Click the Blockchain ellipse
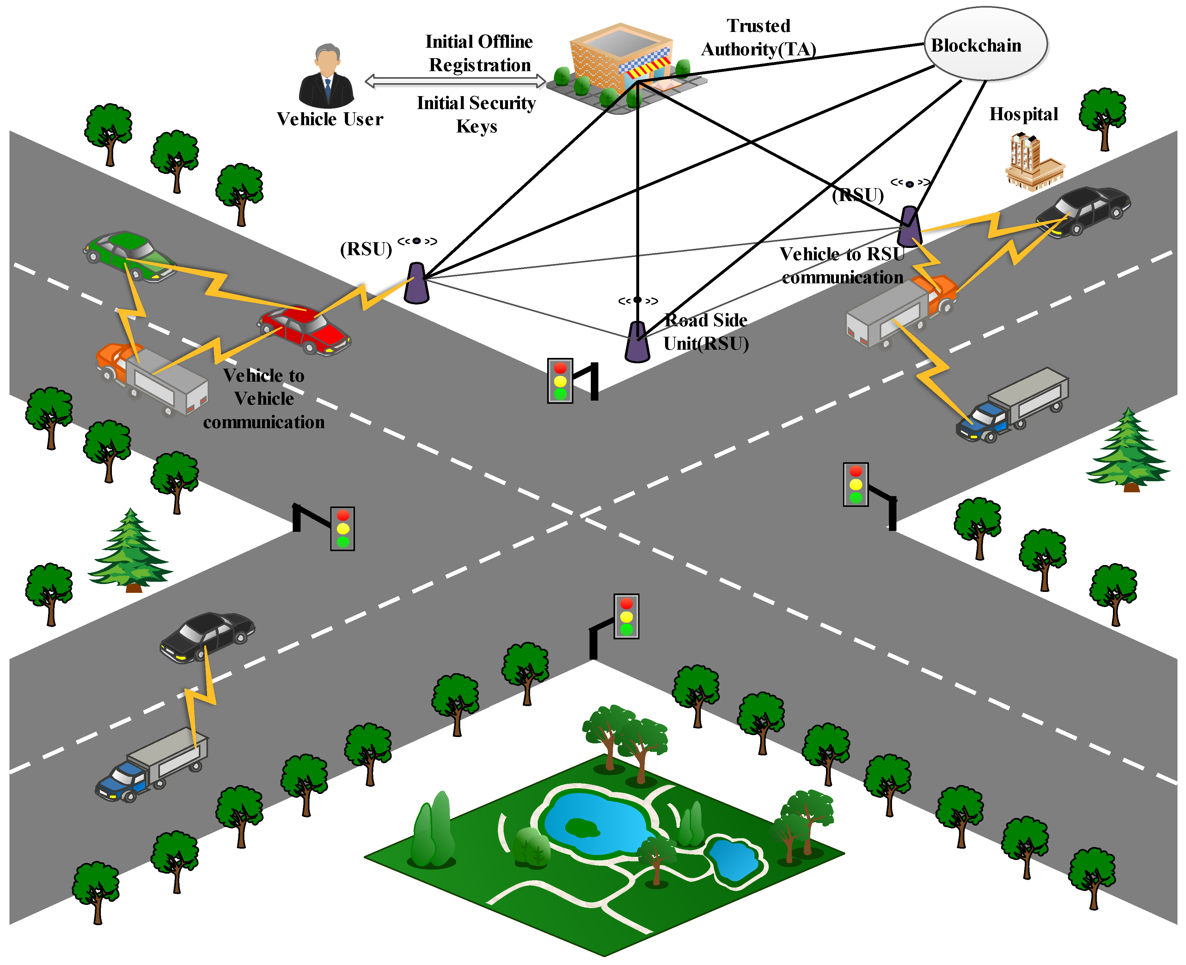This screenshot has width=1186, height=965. [x=985, y=45]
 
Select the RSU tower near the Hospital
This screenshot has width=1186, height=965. [x=909, y=226]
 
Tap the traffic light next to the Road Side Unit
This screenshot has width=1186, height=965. [x=560, y=381]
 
